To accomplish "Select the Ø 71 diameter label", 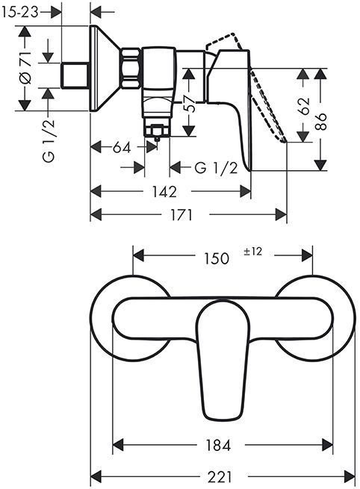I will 23,69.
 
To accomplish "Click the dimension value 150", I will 217,258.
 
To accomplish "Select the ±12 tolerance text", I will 252,252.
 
